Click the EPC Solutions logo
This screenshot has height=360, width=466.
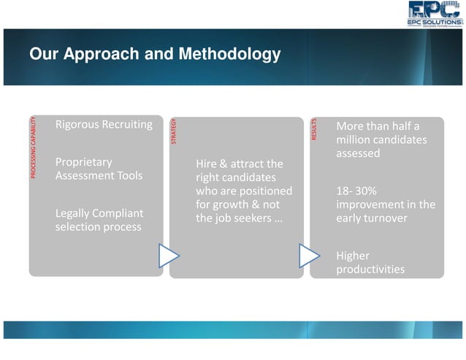435,14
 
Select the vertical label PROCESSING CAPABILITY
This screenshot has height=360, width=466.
33,147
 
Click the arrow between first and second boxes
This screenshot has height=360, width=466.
169,256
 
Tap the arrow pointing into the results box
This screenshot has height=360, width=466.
310,256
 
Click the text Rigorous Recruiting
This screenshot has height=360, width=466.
104,125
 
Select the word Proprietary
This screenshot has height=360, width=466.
84,161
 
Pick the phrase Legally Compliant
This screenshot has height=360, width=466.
99,213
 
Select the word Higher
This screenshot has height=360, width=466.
353,256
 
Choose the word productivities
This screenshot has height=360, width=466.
370,269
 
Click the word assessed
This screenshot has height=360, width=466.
358,153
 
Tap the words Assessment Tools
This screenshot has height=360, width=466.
99,175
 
